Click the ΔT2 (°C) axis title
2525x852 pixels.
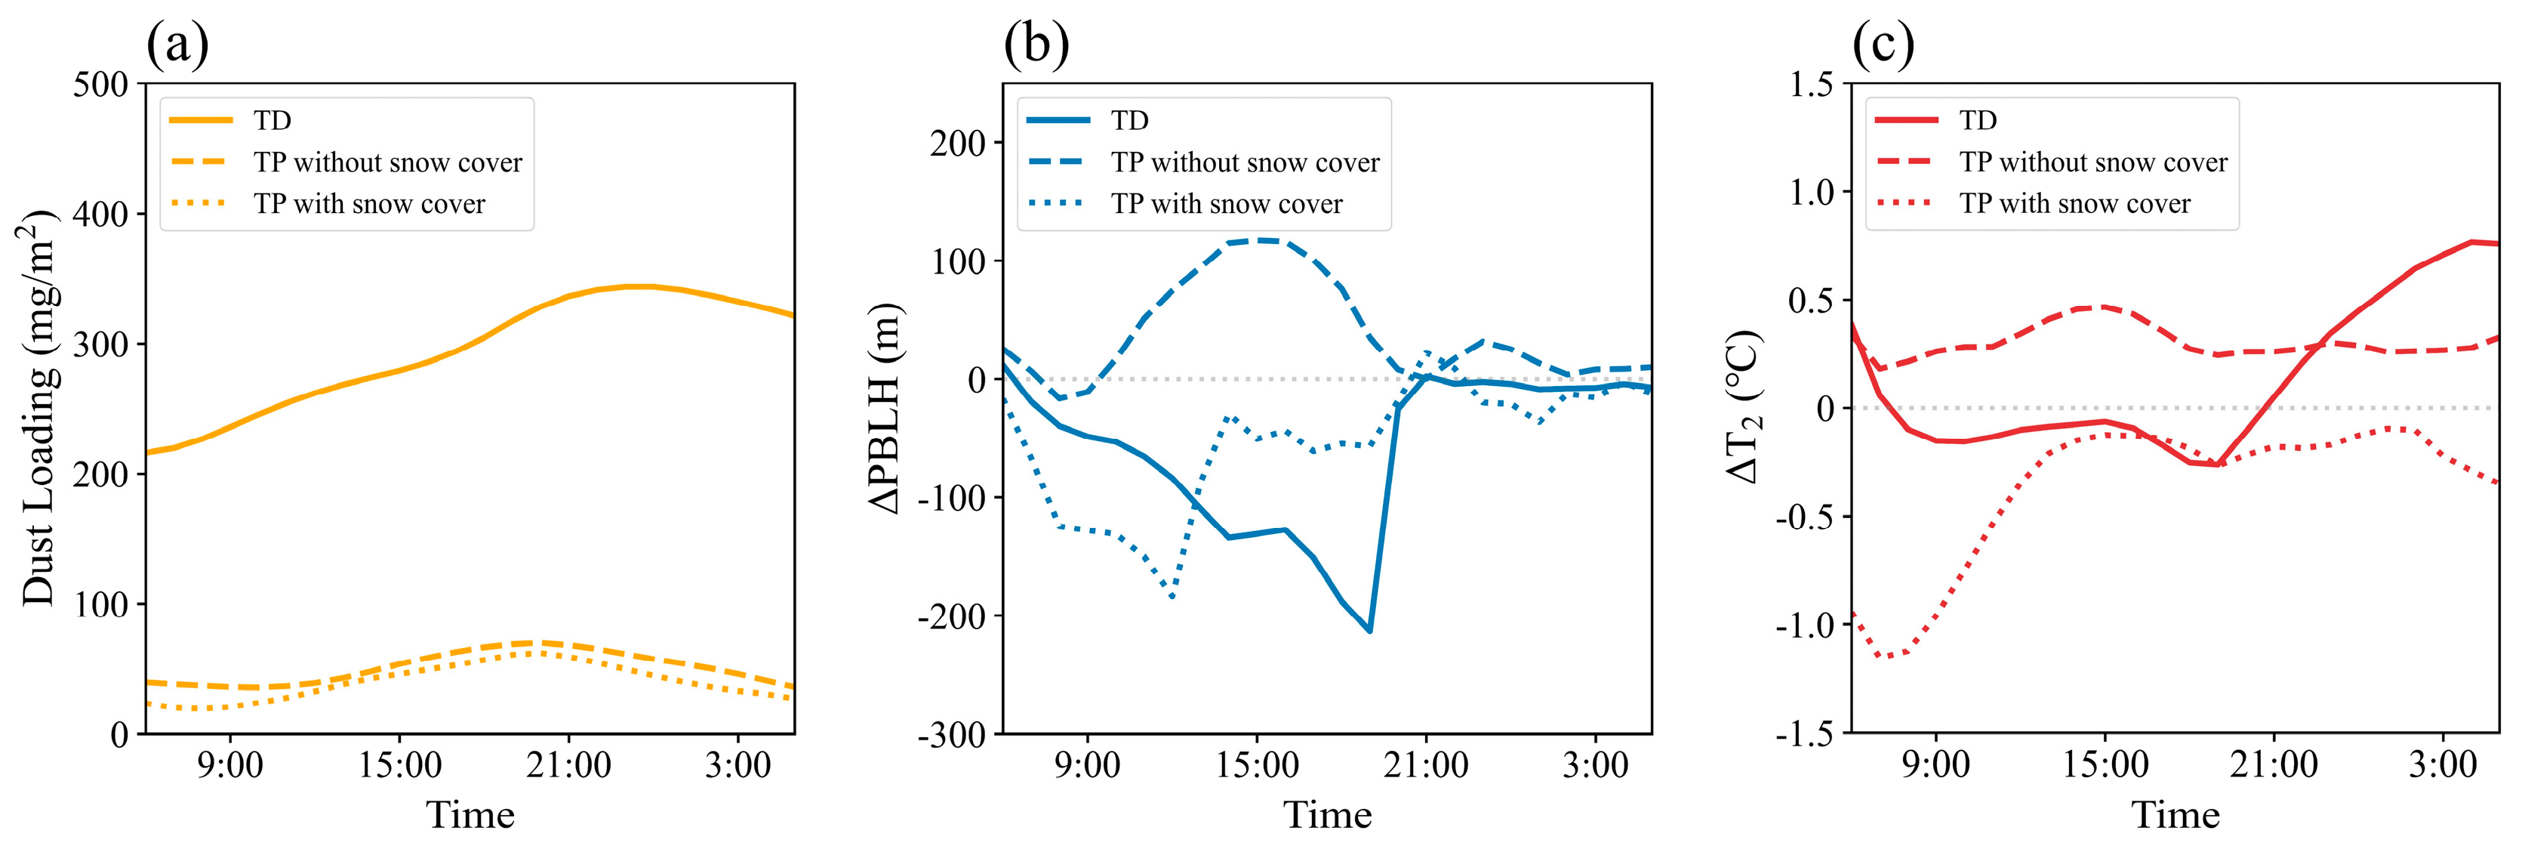(1744, 408)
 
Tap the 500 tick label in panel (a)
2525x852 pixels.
(101, 85)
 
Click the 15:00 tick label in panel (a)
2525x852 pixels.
(399, 764)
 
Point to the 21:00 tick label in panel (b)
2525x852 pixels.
(1425, 764)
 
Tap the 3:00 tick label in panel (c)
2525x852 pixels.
(2443, 764)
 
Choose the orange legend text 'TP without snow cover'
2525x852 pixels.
(388, 162)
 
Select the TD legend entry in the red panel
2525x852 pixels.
(1978, 121)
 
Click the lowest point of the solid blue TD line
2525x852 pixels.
(1369, 631)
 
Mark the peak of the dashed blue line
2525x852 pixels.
(1260, 240)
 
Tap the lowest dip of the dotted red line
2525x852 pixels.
(1881, 656)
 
